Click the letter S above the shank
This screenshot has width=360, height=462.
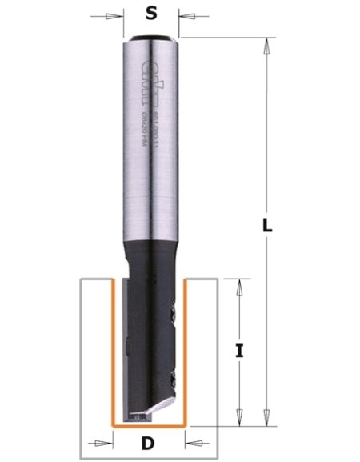150,13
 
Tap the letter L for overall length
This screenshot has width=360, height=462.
269,226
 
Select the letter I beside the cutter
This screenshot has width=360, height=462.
238,350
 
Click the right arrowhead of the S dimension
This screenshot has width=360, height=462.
182,15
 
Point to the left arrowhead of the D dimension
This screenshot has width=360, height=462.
108,442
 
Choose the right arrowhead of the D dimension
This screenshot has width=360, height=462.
190,442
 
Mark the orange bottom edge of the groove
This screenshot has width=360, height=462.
150,425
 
